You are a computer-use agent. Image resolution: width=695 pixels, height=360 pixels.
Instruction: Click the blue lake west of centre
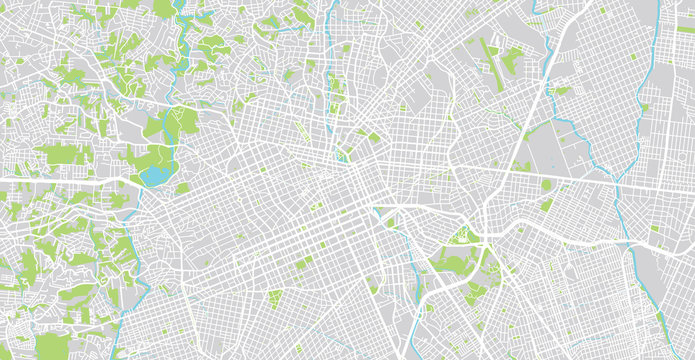click(155, 176)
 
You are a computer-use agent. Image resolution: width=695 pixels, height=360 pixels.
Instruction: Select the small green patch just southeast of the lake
click(182, 187)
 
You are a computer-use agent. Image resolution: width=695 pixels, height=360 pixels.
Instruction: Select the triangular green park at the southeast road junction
click(461, 236)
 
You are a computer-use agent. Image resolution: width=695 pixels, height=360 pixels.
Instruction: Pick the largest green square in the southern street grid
click(273, 298)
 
